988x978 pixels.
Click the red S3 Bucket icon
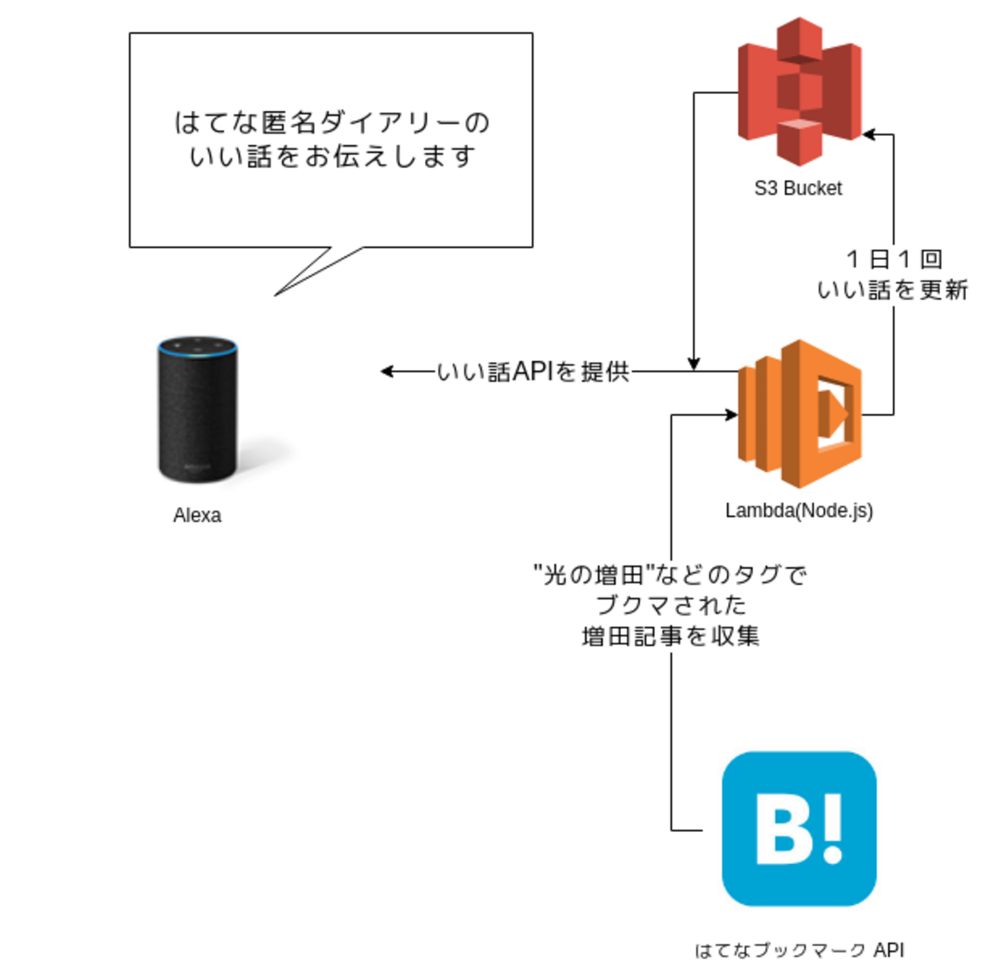click(799, 91)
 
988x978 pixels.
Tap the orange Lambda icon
click(799, 414)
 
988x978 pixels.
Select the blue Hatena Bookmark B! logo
click(799, 828)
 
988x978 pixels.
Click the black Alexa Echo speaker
click(198, 410)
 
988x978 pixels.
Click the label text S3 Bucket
click(798, 188)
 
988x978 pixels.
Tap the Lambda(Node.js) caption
click(799, 511)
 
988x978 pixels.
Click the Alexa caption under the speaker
click(197, 515)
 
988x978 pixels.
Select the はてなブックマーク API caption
click(799, 950)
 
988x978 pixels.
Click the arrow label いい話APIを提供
click(533, 372)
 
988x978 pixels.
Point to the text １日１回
click(894, 259)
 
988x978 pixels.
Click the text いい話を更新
click(892, 290)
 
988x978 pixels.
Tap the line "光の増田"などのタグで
click(670, 574)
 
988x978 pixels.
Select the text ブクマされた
click(670, 605)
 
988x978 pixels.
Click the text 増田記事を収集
click(670, 635)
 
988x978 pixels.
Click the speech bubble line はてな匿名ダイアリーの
click(332, 122)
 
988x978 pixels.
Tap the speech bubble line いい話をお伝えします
click(332, 157)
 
